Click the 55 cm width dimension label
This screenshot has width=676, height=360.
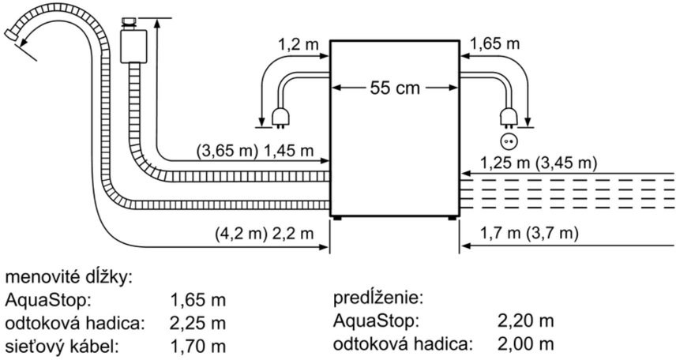(395, 88)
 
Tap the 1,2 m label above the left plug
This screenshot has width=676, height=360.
(298, 44)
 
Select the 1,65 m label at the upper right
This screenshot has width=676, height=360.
(494, 44)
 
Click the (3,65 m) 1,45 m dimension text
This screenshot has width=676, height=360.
(255, 151)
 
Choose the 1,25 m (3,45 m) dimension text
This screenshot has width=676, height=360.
(539, 163)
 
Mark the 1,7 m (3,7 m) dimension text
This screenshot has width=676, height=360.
(529, 233)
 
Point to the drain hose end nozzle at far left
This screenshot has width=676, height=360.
(12, 35)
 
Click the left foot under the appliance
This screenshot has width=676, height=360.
(337, 218)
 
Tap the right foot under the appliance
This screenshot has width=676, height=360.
(452, 218)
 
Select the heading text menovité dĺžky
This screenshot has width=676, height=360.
(68, 278)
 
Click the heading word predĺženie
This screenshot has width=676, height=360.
(377, 298)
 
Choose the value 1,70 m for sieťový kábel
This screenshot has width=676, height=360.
(197, 346)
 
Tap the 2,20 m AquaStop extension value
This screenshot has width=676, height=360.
(525, 321)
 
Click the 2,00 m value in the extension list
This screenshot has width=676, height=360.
(525, 344)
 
